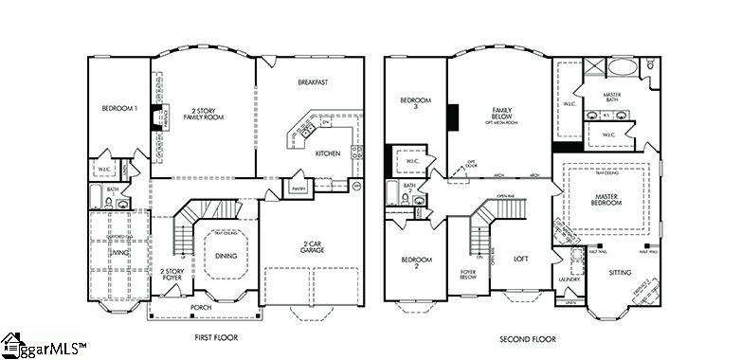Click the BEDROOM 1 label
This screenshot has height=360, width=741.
click(119, 109)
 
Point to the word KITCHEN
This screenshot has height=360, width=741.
click(328, 153)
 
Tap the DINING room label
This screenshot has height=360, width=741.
click(227, 256)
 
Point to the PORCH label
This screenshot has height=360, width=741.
click(201, 307)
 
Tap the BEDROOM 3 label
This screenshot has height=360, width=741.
click(415, 104)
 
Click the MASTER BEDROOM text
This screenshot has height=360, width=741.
click(606, 198)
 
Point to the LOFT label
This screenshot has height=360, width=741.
click(520, 257)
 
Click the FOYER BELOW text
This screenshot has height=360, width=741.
click(468, 275)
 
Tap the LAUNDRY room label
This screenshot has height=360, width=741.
click(569, 279)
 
